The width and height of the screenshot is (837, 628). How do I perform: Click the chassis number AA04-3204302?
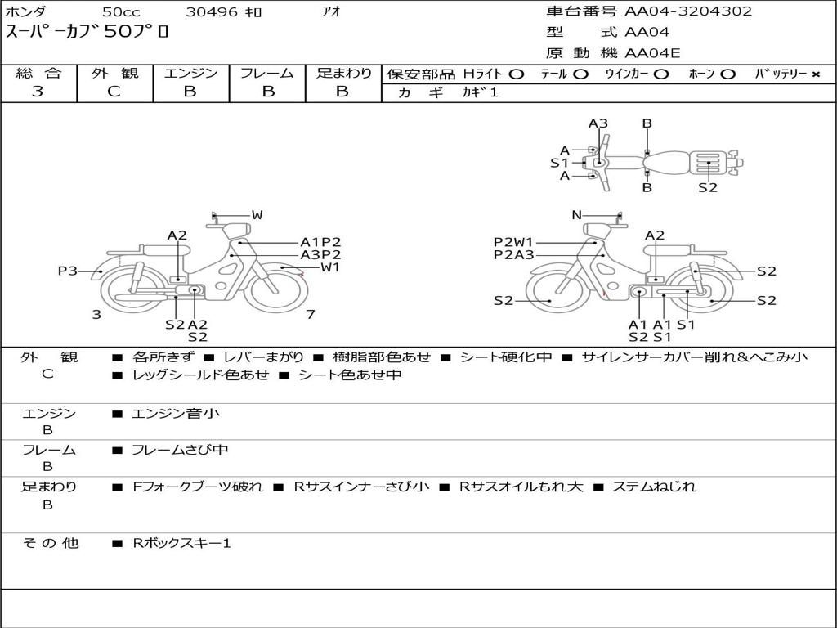tap(688, 11)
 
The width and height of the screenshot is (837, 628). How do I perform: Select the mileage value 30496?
tap(212, 11)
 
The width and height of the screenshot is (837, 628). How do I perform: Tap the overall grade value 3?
tap(38, 92)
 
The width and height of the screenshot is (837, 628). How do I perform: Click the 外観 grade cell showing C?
tap(114, 92)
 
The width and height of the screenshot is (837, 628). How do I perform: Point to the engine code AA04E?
tap(652, 53)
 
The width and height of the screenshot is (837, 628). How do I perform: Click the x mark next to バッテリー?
tap(816, 74)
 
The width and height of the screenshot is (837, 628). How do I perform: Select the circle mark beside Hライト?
tap(517, 74)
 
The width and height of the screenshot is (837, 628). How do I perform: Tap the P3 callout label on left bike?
tap(68, 271)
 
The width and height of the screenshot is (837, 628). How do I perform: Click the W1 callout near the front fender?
tap(330, 267)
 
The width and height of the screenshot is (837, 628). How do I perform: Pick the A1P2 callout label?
tap(320, 242)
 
